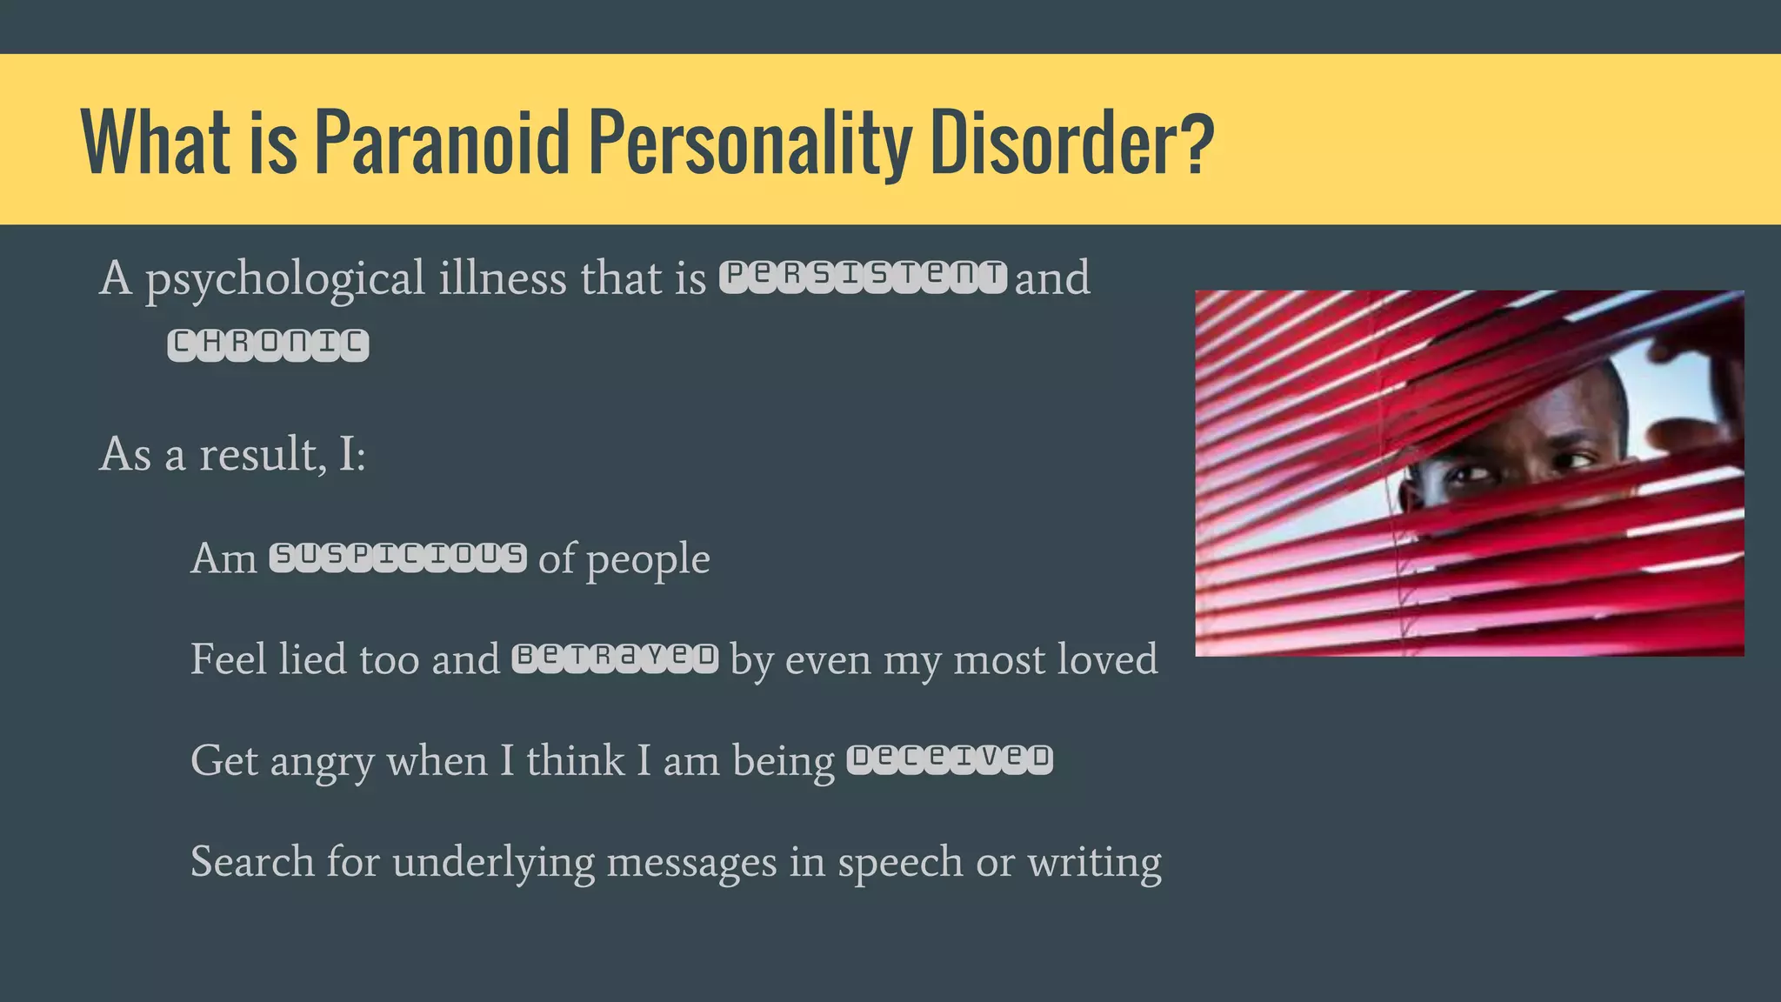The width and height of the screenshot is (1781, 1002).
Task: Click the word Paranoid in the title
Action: [441, 142]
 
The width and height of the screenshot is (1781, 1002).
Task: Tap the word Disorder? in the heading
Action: [1071, 142]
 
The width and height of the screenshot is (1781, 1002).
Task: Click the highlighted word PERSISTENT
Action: [863, 277]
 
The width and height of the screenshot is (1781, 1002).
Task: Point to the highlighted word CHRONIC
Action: [268, 344]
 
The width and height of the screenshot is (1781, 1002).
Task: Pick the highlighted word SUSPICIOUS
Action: [398, 557]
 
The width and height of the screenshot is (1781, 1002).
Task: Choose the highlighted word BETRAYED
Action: [615, 658]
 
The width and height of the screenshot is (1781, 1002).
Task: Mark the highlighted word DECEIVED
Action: [950, 759]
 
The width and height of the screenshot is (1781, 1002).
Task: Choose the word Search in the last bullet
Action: [252, 862]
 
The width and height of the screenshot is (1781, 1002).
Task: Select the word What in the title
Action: [156, 142]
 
